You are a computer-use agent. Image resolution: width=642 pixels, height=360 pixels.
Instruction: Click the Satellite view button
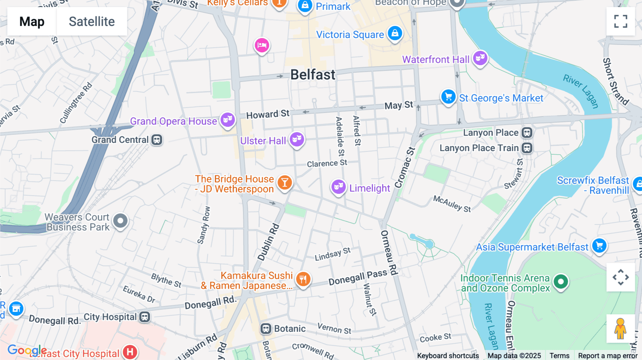[92, 21]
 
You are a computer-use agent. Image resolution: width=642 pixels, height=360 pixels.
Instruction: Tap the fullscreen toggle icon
[621, 21]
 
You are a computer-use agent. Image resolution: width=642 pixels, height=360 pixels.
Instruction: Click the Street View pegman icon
[620, 329]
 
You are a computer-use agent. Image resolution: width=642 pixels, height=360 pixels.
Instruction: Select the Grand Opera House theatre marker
[228, 120]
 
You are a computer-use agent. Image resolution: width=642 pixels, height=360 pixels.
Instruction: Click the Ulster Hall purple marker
[297, 139]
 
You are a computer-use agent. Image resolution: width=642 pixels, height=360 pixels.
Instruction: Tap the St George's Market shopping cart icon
[448, 97]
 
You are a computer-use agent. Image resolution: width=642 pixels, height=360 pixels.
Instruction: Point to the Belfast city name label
[313, 75]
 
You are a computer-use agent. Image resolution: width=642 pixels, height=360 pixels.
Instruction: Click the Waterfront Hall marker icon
[480, 58]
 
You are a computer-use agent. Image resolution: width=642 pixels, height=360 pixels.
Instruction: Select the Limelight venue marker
[338, 187]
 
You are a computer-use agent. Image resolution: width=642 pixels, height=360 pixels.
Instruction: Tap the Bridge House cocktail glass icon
[285, 183]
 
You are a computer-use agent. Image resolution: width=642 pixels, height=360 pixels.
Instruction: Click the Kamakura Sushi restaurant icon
[303, 279]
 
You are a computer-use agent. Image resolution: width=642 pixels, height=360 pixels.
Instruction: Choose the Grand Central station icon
[157, 140]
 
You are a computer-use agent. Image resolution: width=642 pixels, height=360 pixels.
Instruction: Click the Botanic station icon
[266, 329]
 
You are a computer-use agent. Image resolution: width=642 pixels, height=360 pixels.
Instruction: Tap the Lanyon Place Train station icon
[527, 148]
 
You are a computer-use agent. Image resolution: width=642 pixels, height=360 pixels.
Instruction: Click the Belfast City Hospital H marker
[130, 352]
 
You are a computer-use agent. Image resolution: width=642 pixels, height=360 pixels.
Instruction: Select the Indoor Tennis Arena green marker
[561, 282]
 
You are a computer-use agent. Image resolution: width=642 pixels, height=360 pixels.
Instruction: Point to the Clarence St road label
[327, 164]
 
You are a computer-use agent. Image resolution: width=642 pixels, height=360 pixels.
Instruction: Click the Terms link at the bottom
[559, 356]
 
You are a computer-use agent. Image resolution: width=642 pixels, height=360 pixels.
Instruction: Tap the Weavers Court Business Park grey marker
[120, 221]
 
